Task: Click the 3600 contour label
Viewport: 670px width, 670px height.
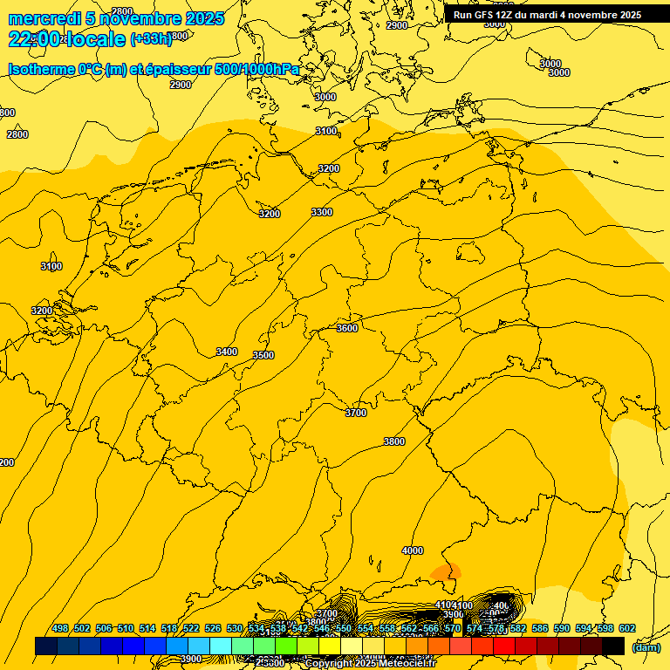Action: [347, 328]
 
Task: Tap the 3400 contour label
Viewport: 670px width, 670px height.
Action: [227, 352]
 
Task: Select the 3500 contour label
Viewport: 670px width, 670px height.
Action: [263, 355]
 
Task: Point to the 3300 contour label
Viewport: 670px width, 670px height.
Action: [322, 212]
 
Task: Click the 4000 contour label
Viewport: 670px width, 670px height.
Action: [413, 550]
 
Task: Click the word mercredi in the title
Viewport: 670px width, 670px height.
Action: [45, 18]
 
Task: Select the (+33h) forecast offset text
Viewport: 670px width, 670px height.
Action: [151, 39]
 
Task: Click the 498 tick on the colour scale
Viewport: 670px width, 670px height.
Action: [60, 628]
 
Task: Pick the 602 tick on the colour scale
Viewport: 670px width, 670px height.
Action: [627, 628]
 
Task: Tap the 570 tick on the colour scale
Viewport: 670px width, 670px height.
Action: [453, 628]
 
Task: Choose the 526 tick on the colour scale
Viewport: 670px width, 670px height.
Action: [213, 628]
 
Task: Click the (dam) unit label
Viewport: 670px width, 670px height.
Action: [646, 647]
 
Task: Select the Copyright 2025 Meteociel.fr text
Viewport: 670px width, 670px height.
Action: [370, 664]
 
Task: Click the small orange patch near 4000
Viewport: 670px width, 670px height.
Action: [446, 572]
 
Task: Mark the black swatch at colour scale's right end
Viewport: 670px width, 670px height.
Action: [613, 646]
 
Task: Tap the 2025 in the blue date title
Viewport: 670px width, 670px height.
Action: [205, 18]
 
